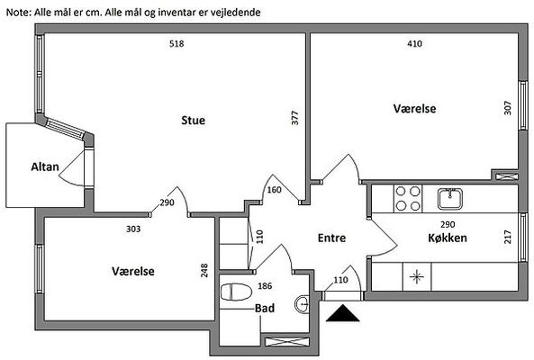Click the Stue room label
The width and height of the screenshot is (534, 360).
point(193,120)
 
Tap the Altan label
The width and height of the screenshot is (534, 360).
point(45,166)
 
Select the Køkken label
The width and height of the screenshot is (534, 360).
point(448,238)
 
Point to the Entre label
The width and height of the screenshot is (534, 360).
point(331,238)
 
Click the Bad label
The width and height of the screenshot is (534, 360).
point(265,309)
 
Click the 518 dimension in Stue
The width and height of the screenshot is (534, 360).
point(176,43)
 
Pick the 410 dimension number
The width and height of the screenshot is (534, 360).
point(414,43)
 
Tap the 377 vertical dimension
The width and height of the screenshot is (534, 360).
point(295,118)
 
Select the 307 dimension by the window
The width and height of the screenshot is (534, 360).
point(508,108)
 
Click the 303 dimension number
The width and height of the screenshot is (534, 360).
point(133,229)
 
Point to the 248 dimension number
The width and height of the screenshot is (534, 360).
point(204,270)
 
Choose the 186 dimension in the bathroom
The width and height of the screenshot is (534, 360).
point(265,286)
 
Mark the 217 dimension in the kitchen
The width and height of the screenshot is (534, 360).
point(508,237)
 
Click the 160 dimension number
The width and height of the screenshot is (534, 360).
point(274,190)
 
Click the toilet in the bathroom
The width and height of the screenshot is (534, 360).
point(236,292)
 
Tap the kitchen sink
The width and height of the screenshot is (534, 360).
point(450,199)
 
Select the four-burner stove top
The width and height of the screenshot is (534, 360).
point(408,199)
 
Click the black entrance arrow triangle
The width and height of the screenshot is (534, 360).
point(342,313)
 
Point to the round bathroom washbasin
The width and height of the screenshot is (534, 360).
point(302,304)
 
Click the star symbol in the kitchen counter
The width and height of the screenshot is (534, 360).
point(417,276)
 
